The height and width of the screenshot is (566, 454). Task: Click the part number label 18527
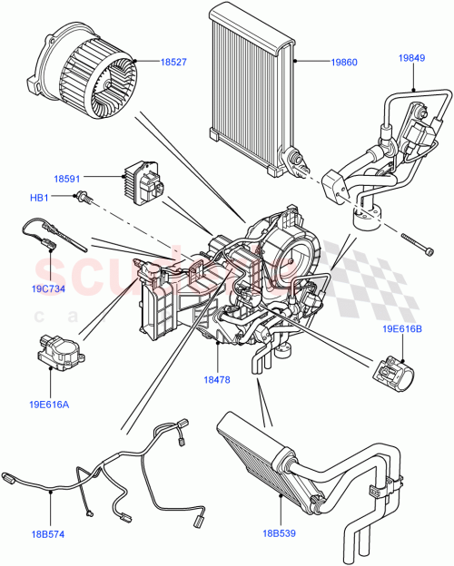pyautogui.click(x=173, y=62)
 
